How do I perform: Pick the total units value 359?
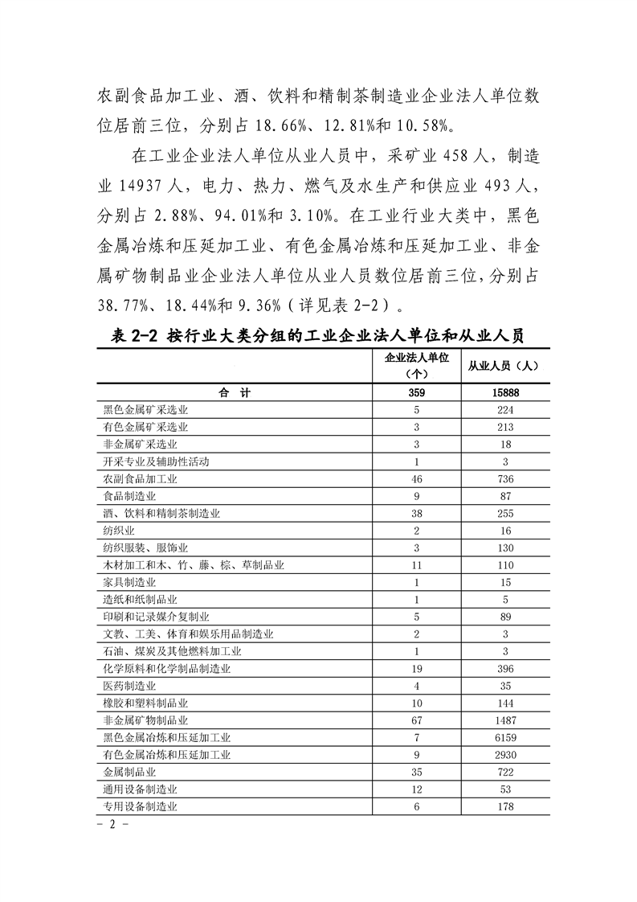click(417, 392)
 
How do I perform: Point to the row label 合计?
click(235, 392)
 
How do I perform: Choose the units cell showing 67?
click(417, 720)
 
